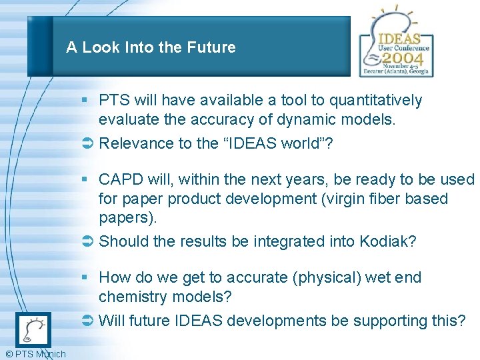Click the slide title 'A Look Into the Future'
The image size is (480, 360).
tap(151, 47)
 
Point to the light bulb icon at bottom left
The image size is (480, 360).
tap(33, 329)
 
